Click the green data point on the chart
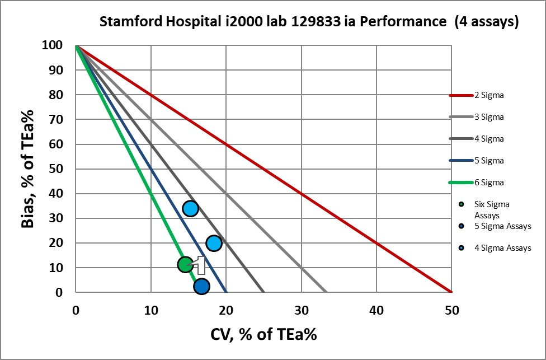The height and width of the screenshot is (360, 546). tap(186, 264)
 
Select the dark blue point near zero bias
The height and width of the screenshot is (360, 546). tap(201, 286)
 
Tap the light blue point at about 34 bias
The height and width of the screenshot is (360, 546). tap(191, 208)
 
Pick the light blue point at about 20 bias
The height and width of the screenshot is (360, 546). tap(214, 243)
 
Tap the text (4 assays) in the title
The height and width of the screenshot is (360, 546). tap(487, 22)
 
